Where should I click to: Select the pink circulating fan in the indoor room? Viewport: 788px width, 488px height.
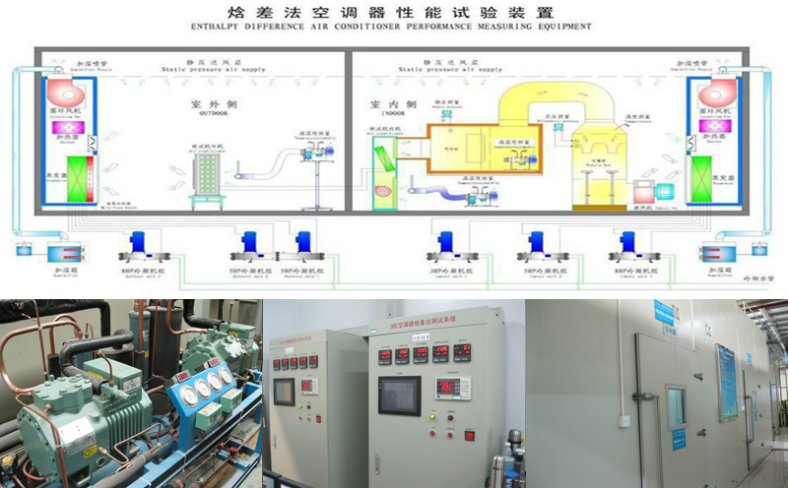[x=714, y=94]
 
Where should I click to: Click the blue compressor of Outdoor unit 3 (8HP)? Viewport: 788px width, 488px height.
[x=136, y=243]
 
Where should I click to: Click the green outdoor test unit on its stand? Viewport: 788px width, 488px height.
[x=206, y=178]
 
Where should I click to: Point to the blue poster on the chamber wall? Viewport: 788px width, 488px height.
[x=726, y=383]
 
